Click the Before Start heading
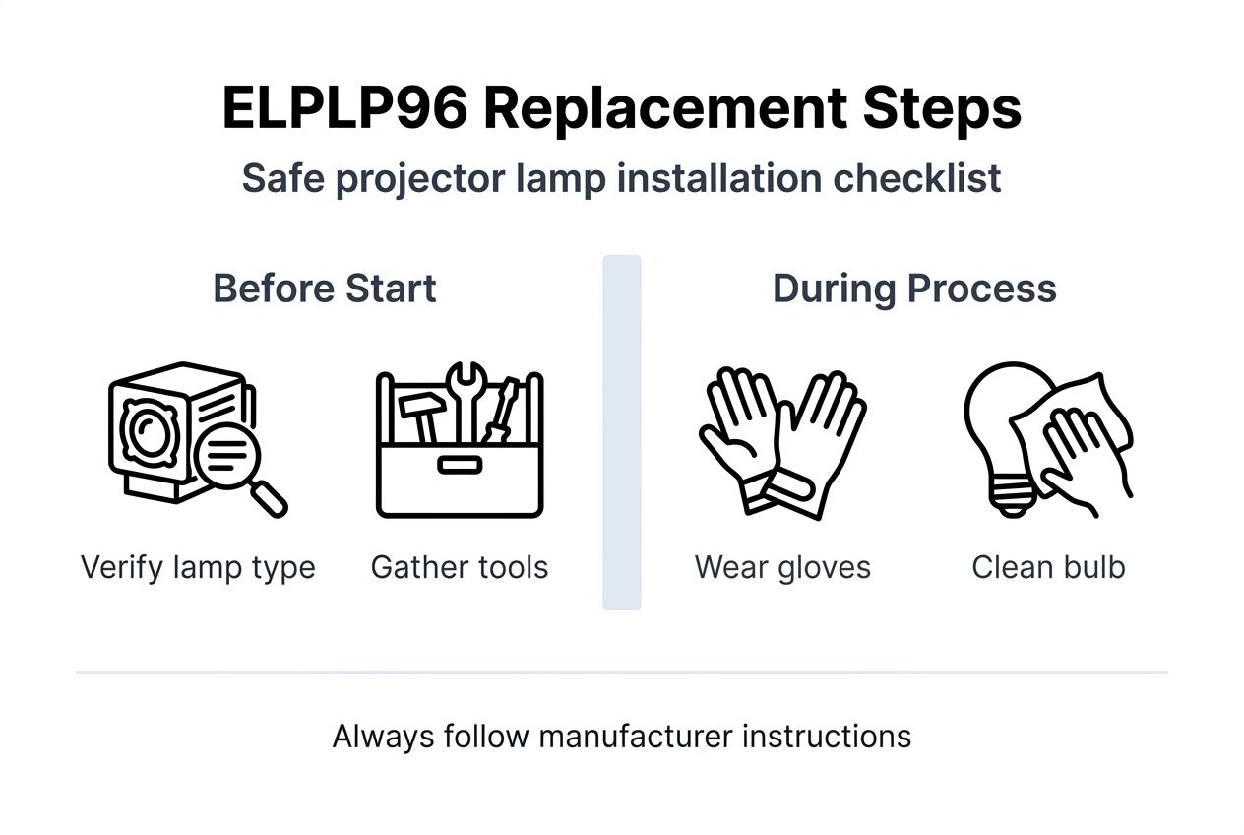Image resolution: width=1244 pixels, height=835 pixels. pos(325,289)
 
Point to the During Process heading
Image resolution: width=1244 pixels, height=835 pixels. pos(914,289)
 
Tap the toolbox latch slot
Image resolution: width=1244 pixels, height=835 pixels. pos(460,464)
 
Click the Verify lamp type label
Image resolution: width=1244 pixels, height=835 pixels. pos(198,568)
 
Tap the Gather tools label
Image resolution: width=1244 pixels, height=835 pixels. pos(460,568)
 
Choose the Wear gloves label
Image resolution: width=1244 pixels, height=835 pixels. pos(782,568)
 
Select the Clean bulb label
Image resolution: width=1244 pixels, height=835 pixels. pos(1048,568)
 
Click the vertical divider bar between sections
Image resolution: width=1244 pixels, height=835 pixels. pos(622,432)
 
